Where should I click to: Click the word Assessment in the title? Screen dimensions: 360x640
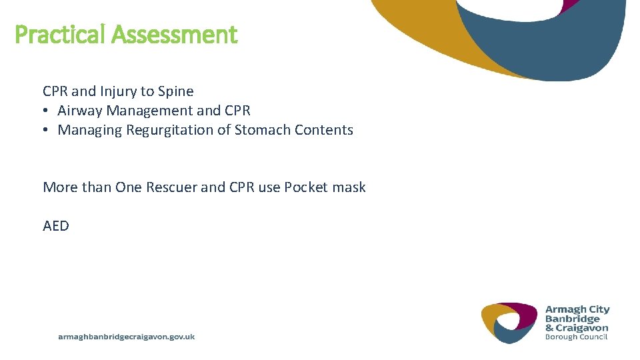tap(175, 34)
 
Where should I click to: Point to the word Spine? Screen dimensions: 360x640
tap(175, 91)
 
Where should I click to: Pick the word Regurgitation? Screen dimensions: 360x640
tap(169, 130)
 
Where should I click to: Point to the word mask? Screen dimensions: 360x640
tap(349, 187)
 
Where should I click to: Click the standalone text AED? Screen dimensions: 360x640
tap(56, 226)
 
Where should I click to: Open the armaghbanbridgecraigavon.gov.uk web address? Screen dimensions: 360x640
tap(127, 337)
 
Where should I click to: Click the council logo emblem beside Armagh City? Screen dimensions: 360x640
tap(509, 323)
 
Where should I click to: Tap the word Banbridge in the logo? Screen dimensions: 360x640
tap(572, 319)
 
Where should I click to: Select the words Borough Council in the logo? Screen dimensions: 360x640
tap(576, 337)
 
